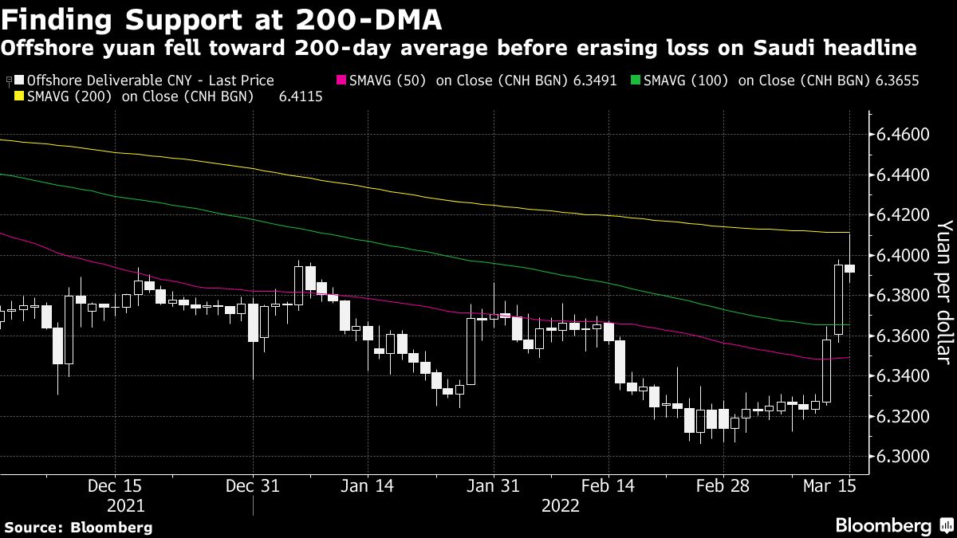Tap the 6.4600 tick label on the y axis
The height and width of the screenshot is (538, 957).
coord(903,134)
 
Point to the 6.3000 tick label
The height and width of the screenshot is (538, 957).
coord(903,457)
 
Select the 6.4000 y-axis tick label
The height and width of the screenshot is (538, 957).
coord(903,255)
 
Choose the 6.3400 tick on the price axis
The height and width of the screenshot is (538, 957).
coord(903,376)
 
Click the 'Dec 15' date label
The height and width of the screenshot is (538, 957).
coord(116,485)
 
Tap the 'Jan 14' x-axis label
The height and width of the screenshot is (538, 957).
coord(366,485)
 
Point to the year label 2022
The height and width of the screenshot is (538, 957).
coord(561,505)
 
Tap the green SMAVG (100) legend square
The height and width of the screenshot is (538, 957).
coord(635,81)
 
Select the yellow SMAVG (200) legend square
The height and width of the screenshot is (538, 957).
coord(20,97)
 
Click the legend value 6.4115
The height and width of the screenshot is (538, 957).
coord(301,97)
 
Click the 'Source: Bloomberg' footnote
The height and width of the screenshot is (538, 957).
coord(78,527)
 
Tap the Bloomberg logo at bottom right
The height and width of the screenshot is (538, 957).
coord(893,525)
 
